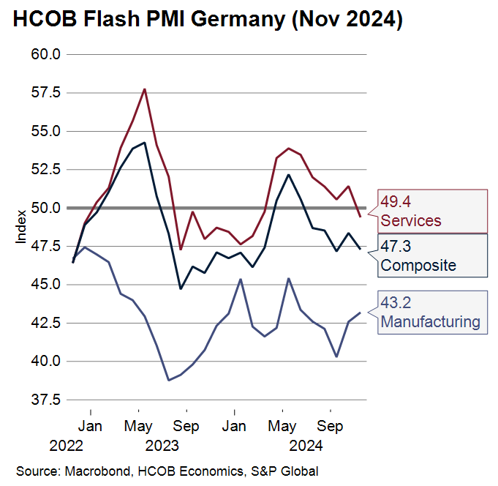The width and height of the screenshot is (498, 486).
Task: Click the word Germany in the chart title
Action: point(229,20)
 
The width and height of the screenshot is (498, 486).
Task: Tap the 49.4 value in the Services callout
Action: point(395,202)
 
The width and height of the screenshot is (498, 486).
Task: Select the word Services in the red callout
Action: point(410,220)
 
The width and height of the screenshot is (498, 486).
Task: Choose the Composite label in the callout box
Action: point(418,265)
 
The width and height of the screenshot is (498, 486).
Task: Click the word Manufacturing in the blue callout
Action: point(430,321)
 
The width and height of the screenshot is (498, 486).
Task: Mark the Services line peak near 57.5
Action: point(145,89)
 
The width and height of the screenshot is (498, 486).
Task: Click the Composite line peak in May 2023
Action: point(144,143)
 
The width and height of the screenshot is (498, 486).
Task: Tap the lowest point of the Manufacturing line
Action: point(168,380)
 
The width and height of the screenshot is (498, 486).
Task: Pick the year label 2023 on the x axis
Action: point(162,444)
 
